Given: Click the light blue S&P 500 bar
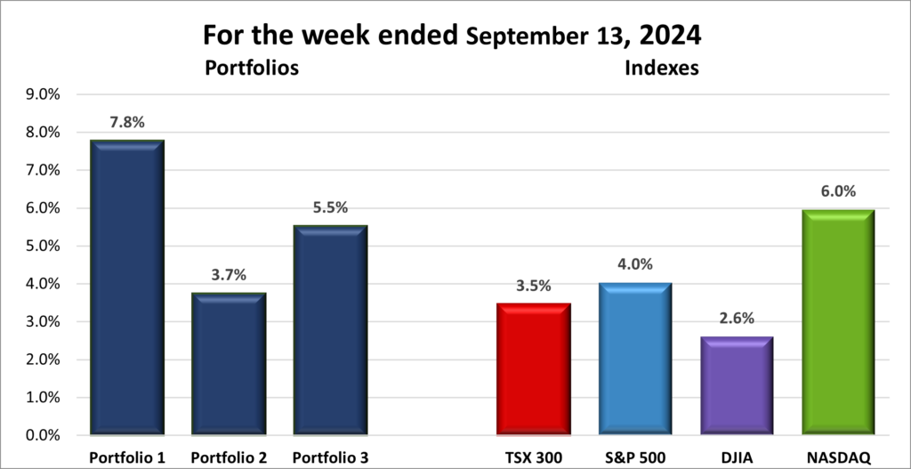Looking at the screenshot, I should click(x=635, y=360).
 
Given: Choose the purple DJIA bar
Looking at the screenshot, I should click(x=737, y=386).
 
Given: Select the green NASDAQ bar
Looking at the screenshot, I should click(x=838, y=323).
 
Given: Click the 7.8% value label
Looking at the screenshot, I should click(x=127, y=123).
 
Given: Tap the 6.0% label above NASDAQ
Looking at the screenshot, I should click(x=838, y=191).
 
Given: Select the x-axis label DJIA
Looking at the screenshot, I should click(x=737, y=457).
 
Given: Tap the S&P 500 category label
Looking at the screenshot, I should click(x=635, y=457).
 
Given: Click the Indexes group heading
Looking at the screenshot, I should click(x=660, y=68).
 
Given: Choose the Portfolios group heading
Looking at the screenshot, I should click(x=251, y=68).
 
